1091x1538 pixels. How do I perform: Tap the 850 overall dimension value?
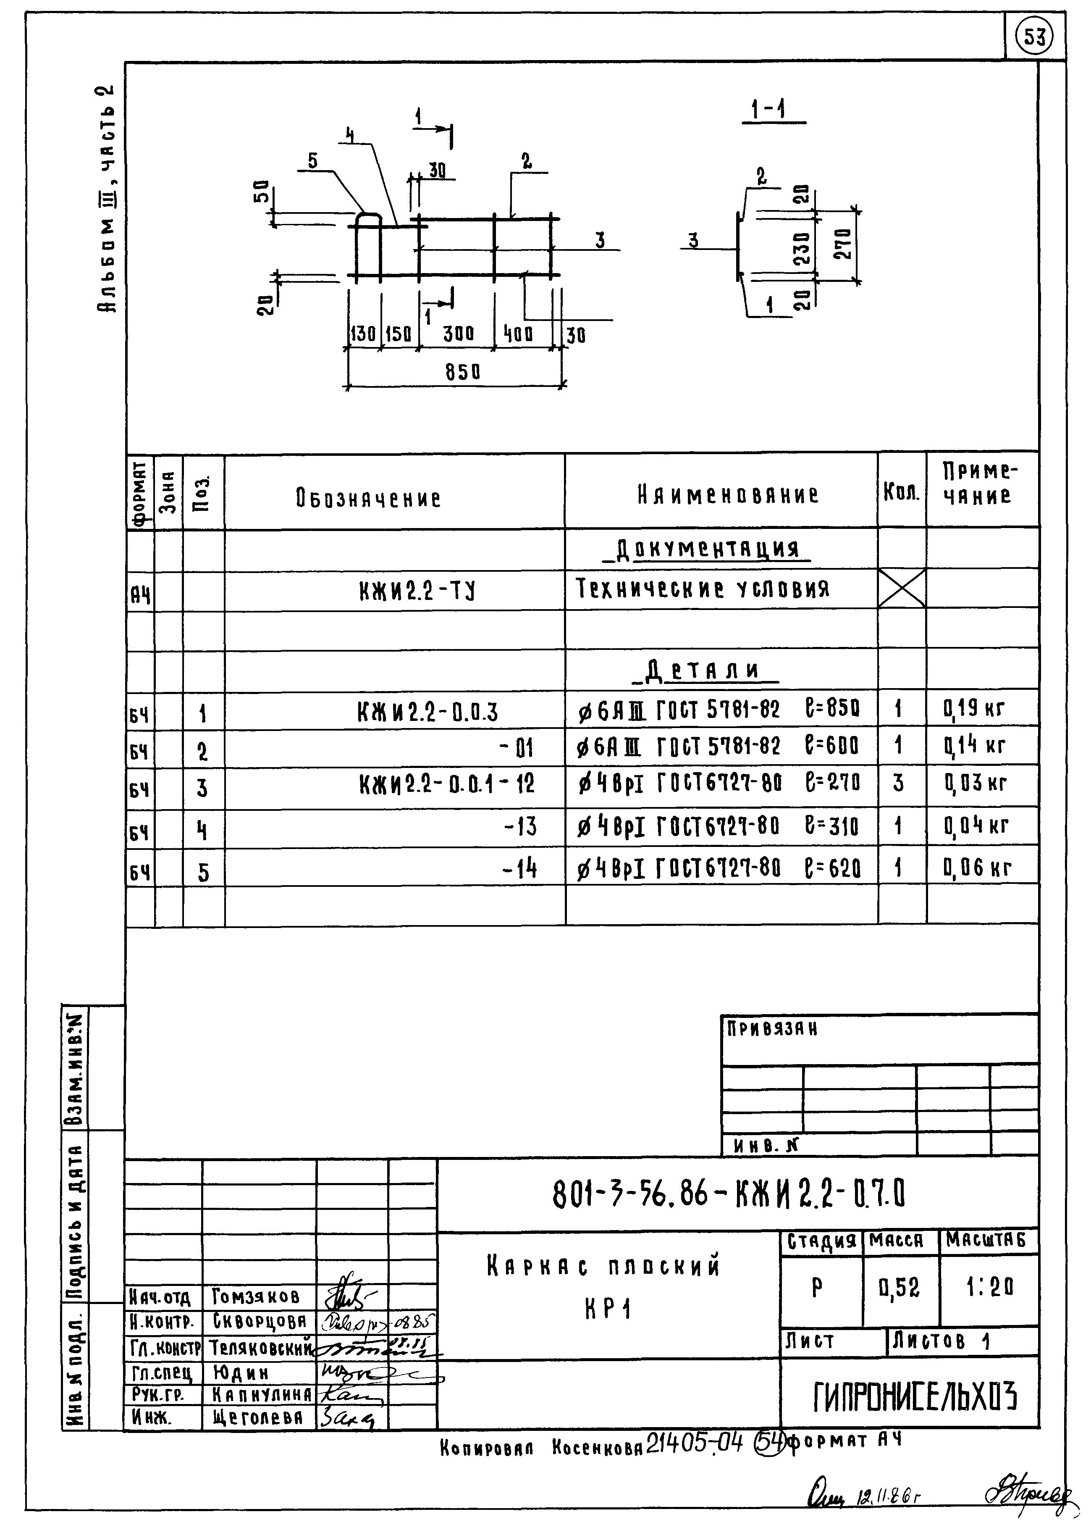[463, 371]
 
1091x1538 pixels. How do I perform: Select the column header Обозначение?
[368, 499]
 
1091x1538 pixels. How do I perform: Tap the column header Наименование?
[728, 496]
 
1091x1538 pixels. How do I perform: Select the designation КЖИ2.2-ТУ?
[417, 591]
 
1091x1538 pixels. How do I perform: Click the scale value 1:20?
[989, 1287]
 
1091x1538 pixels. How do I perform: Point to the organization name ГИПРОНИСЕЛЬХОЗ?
[915, 1398]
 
